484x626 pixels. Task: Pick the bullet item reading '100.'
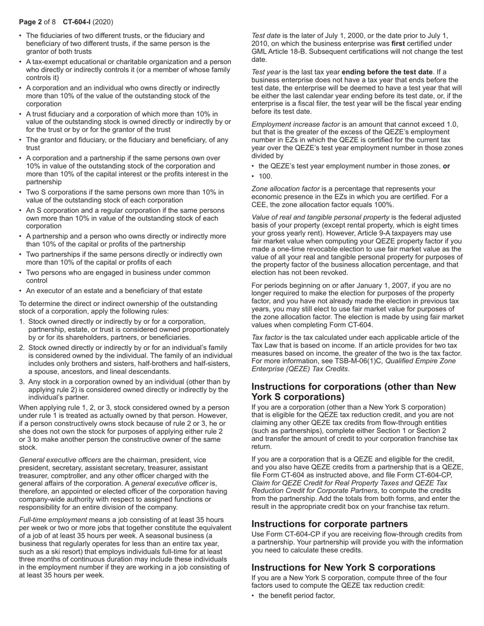pyautogui.click(x=265, y=176)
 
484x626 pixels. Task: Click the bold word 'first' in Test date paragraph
pyautogui.click(x=398, y=44)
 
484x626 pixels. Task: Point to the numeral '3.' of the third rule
pyautogui.click(x=22, y=382)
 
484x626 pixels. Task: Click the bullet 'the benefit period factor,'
pyautogui.click(x=297, y=595)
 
